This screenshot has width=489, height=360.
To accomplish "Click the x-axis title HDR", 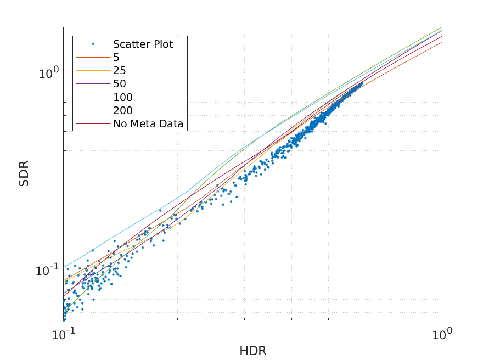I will coord(252,351).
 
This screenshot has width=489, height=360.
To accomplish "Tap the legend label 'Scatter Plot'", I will coord(143,44).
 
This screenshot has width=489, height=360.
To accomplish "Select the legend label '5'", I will coord(116,57).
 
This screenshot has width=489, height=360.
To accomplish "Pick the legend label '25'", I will coord(120,71).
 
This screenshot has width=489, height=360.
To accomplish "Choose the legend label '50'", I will coord(120,84).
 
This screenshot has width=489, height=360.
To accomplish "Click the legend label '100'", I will coord(123,97).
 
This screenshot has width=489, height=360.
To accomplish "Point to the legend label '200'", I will coord(123,111).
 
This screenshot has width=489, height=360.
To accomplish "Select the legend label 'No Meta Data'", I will coord(149,124).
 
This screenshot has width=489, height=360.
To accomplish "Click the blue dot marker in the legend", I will coord(93,44).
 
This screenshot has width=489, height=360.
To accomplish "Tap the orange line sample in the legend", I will coord(93,57).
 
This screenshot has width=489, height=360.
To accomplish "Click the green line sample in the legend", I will coord(93,97).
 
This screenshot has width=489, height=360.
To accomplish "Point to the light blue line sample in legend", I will coord(93,111).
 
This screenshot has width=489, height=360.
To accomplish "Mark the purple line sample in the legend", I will coord(93,84).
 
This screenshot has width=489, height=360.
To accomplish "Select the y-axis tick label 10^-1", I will coord(47,270).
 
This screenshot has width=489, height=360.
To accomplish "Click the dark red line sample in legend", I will coord(93,124).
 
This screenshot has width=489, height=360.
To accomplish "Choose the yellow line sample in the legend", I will coord(93,71).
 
